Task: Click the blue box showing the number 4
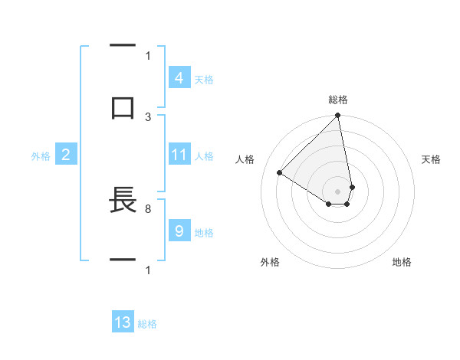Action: click(x=179, y=78)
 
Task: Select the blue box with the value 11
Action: click(x=179, y=155)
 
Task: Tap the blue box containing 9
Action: click(x=179, y=231)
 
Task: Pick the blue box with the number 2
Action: click(x=65, y=155)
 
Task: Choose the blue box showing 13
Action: click(x=123, y=322)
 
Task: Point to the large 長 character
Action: click(x=123, y=201)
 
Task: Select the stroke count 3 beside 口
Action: click(x=148, y=117)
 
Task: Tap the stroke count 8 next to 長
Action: click(x=148, y=208)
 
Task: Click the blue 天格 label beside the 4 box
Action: click(x=204, y=79)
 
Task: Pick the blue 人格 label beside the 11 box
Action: click(x=204, y=155)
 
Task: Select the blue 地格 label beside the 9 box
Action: click(x=204, y=232)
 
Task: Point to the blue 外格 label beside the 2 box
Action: click(x=40, y=155)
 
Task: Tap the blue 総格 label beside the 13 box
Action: click(x=147, y=324)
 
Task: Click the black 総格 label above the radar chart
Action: click(x=337, y=100)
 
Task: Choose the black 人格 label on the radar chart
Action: click(x=245, y=159)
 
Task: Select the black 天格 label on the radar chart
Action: click(x=431, y=159)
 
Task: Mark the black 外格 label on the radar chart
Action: click(x=270, y=262)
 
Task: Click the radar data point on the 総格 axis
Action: click(x=337, y=116)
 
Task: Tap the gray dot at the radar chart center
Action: click(x=337, y=191)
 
